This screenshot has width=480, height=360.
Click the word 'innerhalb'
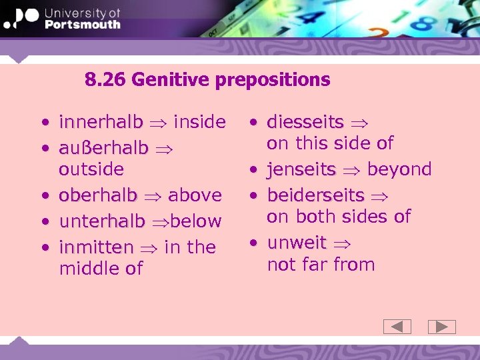(101, 122)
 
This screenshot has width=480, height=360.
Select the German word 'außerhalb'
(103, 148)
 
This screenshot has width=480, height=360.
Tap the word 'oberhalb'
(98, 195)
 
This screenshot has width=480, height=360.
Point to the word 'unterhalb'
(101, 221)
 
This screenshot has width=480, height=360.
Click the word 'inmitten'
(97, 247)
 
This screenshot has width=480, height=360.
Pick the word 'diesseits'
(305, 122)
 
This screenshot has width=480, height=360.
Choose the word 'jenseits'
(301, 169)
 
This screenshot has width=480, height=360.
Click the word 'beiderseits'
(315, 195)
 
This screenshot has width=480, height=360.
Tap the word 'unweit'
(297, 243)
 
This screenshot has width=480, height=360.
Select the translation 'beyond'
(399, 169)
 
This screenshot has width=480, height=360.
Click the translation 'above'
(195, 195)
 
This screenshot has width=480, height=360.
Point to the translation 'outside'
(91, 169)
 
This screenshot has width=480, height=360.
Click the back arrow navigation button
(397, 327)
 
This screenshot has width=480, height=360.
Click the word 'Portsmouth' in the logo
(82, 25)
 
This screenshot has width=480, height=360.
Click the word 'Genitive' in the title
(171, 80)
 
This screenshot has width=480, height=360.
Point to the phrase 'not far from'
(321, 265)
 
